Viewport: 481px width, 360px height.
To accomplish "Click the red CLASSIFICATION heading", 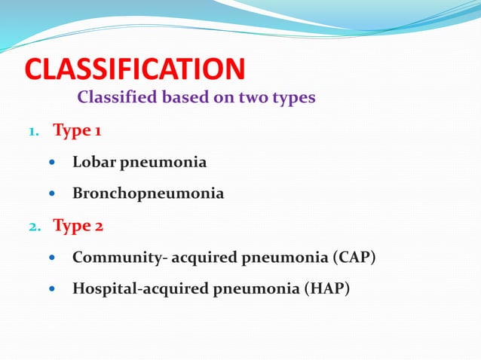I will point(135,69).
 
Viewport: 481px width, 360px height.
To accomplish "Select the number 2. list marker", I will point(34,225).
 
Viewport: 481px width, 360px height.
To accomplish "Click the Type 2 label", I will point(78,224).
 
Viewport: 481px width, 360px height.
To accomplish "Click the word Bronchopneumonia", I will point(148,194).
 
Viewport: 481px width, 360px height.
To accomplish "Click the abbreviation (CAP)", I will point(354,257).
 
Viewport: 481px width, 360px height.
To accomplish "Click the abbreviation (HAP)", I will point(326,288).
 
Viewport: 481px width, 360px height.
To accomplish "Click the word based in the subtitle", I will point(176,98).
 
